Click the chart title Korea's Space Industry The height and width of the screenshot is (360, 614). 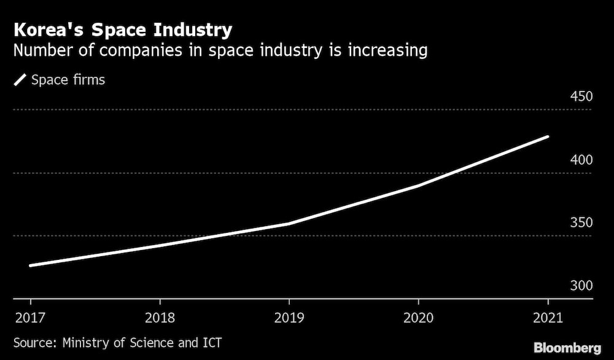click(123, 29)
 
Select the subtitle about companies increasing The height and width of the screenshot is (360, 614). click(220, 50)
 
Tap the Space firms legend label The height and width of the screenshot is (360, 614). click(68, 80)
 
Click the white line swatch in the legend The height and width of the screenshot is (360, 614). click(20, 80)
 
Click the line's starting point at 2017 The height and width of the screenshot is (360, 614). click(30, 265)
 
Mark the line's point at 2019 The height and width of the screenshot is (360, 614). click(289, 224)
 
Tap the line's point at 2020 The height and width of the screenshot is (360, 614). click(418, 186)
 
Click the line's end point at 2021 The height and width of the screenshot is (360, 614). click(547, 136)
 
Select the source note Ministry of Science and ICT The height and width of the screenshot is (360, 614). click(117, 342)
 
